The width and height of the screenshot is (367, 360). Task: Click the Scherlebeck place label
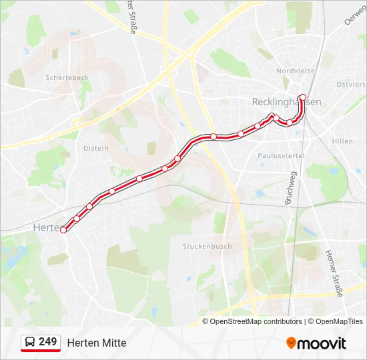[x=67, y=77]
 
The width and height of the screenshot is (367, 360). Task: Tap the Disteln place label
[x=96, y=148]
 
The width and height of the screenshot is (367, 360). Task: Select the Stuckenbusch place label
[x=208, y=246]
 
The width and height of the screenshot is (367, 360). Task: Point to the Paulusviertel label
[x=281, y=155]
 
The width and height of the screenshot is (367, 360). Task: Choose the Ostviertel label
[x=352, y=85]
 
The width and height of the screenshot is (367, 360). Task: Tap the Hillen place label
[x=342, y=141]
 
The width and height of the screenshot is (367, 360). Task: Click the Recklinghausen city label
[x=286, y=102]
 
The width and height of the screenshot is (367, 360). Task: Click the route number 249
[x=47, y=342]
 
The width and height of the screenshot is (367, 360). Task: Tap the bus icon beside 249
[x=29, y=343]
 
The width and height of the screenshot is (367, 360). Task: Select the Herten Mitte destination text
[x=97, y=343]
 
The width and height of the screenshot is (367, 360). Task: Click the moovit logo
[x=316, y=343]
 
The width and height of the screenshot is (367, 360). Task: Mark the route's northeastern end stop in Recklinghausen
[x=302, y=97]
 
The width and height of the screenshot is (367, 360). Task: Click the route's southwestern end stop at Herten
[x=64, y=229]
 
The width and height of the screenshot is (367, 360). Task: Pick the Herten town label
[x=45, y=227]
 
